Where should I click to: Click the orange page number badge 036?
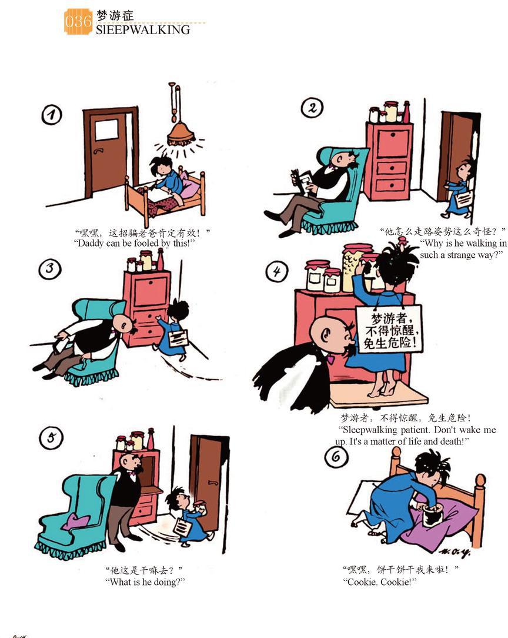click(x=78, y=21)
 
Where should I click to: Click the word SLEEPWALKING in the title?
click(x=143, y=29)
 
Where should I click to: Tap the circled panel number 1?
click(x=52, y=115)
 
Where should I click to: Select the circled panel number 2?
click(x=312, y=108)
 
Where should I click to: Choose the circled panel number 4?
click(x=277, y=271)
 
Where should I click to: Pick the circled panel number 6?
click(x=336, y=457)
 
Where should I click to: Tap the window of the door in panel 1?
click(x=107, y=130)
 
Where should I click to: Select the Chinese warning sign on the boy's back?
click(x=389, y=328)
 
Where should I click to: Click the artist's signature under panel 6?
click(x=454, y=552)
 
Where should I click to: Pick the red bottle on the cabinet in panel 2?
click(x=406, y=112)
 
